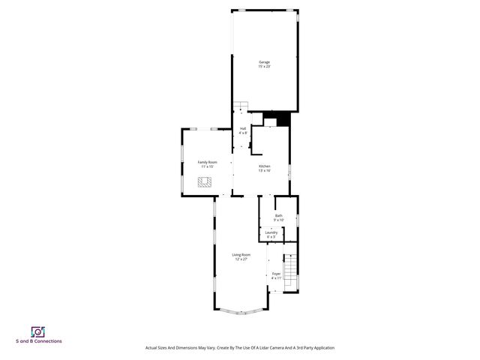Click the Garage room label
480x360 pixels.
tap(264, 61)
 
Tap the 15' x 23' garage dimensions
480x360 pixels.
tap(264, 66)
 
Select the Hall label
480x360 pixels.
tap(243, 128)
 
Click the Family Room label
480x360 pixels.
tap(207, 162)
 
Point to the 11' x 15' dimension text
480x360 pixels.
tap(207, 166)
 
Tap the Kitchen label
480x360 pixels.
tap(265, 166)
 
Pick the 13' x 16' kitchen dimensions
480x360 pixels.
tap(265, 170)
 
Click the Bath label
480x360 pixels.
tap(279, 216)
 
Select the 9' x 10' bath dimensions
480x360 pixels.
tap(279, 220)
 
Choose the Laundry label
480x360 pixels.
tap(271, 232)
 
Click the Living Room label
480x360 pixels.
tap(241, 255)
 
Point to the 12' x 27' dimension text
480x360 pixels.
tap(241, 259)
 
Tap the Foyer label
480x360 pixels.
tap(276, 274)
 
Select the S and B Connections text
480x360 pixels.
tap(39, 341)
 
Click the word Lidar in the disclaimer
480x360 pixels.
tap(256, 348)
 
